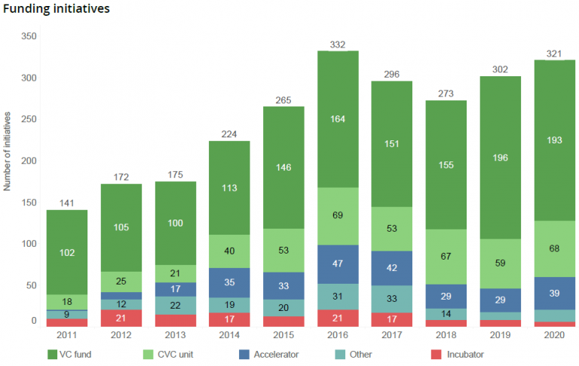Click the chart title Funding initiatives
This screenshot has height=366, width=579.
click(57, 9)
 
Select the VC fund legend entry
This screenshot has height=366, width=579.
click(75, 354)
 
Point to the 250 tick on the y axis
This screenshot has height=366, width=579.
click(29, 119)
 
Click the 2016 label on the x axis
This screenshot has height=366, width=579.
click(338, 334)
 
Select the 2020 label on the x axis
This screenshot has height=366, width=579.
click(554, 334)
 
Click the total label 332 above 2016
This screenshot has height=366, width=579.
click(338, 45)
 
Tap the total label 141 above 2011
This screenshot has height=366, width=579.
click(66, 203)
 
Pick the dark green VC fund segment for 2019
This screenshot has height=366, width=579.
click(501, 158)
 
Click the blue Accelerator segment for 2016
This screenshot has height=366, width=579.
click(338, 264)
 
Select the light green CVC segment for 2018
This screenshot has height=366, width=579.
click(446, 257)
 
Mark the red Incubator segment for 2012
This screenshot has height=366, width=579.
click(121, 318)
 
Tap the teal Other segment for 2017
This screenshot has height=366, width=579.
click(392, 299)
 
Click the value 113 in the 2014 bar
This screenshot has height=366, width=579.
click(229, 189)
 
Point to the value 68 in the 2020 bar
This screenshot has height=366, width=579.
click(555, 249)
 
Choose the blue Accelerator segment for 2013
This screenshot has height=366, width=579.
click(175, 289)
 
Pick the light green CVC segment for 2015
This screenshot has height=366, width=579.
click(283, 251)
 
